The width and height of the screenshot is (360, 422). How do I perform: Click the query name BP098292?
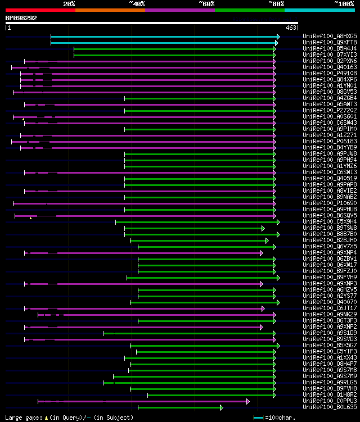tap(21, 18)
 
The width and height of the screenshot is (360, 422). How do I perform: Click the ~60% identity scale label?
tap(206, 4)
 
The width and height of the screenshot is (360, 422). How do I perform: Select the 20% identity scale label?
tap(69, 4)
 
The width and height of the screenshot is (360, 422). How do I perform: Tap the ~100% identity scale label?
tap(344, 4)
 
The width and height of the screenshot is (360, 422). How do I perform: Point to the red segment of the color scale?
tap(40, 10)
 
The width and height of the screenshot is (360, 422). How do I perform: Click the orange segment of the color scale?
tap(110, 10)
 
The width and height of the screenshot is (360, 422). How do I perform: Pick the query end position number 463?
tap(291, 28)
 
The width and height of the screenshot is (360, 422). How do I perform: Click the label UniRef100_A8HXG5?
tap(330, 36)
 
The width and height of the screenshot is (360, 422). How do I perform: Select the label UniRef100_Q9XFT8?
tap(330, 42)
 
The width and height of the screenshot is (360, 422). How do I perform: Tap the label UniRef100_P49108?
tap(330, 73)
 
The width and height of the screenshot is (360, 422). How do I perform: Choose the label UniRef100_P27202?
tap(330, 110)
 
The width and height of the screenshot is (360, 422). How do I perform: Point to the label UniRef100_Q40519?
tap(330, 178)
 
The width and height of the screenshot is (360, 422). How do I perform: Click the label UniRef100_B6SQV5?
tap(330, 215)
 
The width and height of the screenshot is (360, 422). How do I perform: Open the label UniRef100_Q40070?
tap(330, 302)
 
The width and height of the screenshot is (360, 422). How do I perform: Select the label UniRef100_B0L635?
tap(330, 407)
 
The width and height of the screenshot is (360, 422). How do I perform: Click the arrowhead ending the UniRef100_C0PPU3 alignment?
tap(247, 401)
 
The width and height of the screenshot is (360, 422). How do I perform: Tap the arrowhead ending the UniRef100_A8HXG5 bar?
tap(278, 36)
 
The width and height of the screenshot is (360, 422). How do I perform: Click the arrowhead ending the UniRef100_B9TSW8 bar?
tap(263, 228)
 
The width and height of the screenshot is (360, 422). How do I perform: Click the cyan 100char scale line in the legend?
tap(258, 418)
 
